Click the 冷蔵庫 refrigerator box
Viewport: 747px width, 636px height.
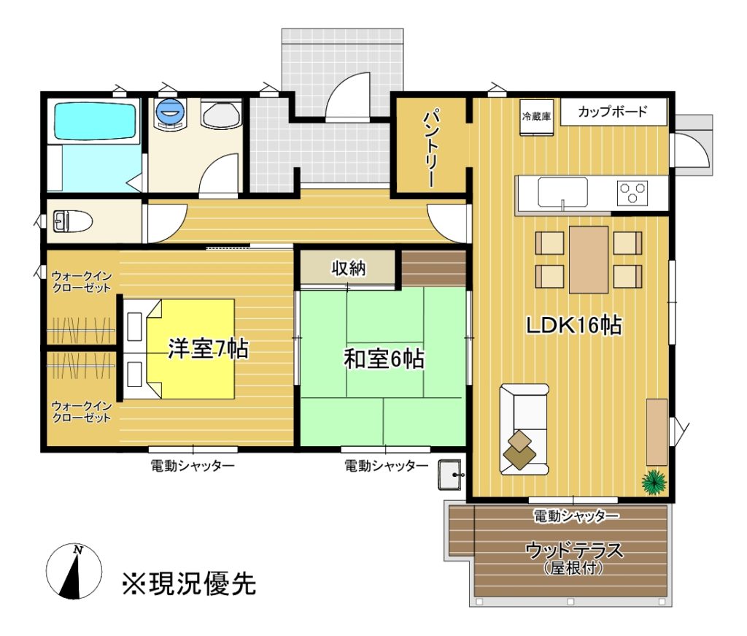point(536,117)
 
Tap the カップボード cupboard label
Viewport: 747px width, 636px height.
point(612,112)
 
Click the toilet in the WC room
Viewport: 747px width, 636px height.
point(72,221)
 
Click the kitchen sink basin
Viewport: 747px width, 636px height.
point(562,193)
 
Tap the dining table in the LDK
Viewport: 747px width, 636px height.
point(589,259)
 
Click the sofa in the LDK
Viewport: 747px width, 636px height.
point(524,429)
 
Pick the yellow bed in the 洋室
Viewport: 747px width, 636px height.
point(190,349)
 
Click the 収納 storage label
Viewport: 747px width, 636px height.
point(349,269)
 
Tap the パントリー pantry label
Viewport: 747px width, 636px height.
point(430,149)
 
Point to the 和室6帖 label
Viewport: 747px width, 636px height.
point(384,359)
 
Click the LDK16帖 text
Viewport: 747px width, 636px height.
point(573,325)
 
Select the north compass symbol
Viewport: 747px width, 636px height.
point(74,571)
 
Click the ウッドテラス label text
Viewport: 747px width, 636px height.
point(574,551)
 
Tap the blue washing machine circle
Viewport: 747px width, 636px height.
point(169,112)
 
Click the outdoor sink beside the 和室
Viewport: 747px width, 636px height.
point(449,475)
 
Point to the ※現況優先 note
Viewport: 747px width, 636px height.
point(189,583)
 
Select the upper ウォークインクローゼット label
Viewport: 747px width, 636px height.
point(82,282)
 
